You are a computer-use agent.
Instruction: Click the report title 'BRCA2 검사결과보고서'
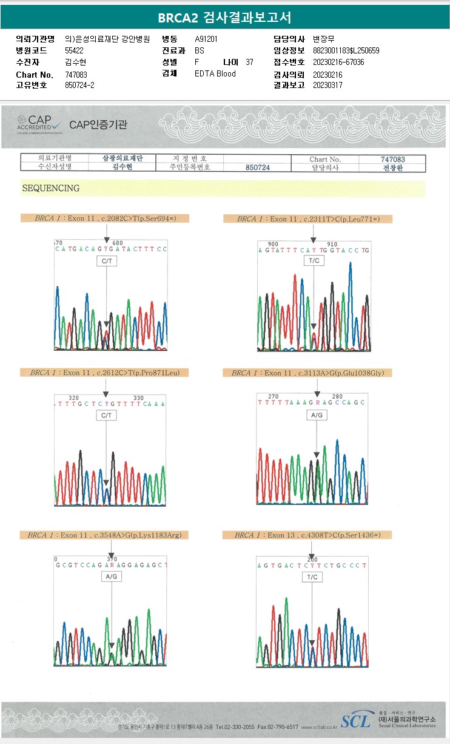point(224,18)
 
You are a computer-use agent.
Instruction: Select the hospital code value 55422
point(74,50)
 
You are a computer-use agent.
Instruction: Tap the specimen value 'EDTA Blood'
point(215,73)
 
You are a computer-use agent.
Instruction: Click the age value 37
point(249,62)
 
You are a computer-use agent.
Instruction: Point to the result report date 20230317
point(327,85)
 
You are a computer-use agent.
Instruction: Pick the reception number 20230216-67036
point(338,62)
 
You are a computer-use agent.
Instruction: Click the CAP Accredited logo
point(39,124)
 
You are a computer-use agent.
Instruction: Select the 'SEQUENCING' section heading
point(51,188)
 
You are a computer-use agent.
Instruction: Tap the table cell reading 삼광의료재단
point(123,158)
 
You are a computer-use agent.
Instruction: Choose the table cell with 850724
point(258,167)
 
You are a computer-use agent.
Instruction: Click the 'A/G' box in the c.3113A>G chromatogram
point(317,416)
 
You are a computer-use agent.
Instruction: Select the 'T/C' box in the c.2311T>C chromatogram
point(314,260)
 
